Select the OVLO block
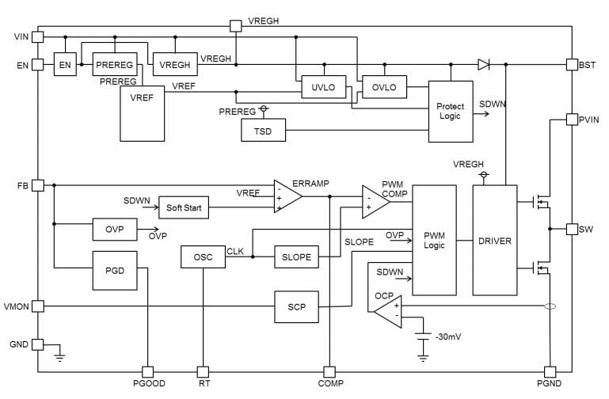[383, 87]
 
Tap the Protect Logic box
[450, 112]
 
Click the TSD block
[263, 131]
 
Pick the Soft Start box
[184, 209]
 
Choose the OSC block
[203, 256]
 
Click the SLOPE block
[296, 256]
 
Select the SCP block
[296, 306]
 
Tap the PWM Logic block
[434, 240]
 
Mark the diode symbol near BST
[483, 64]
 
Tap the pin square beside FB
[37, 185]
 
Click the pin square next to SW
[572, 230]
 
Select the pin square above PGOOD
[147, 371]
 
